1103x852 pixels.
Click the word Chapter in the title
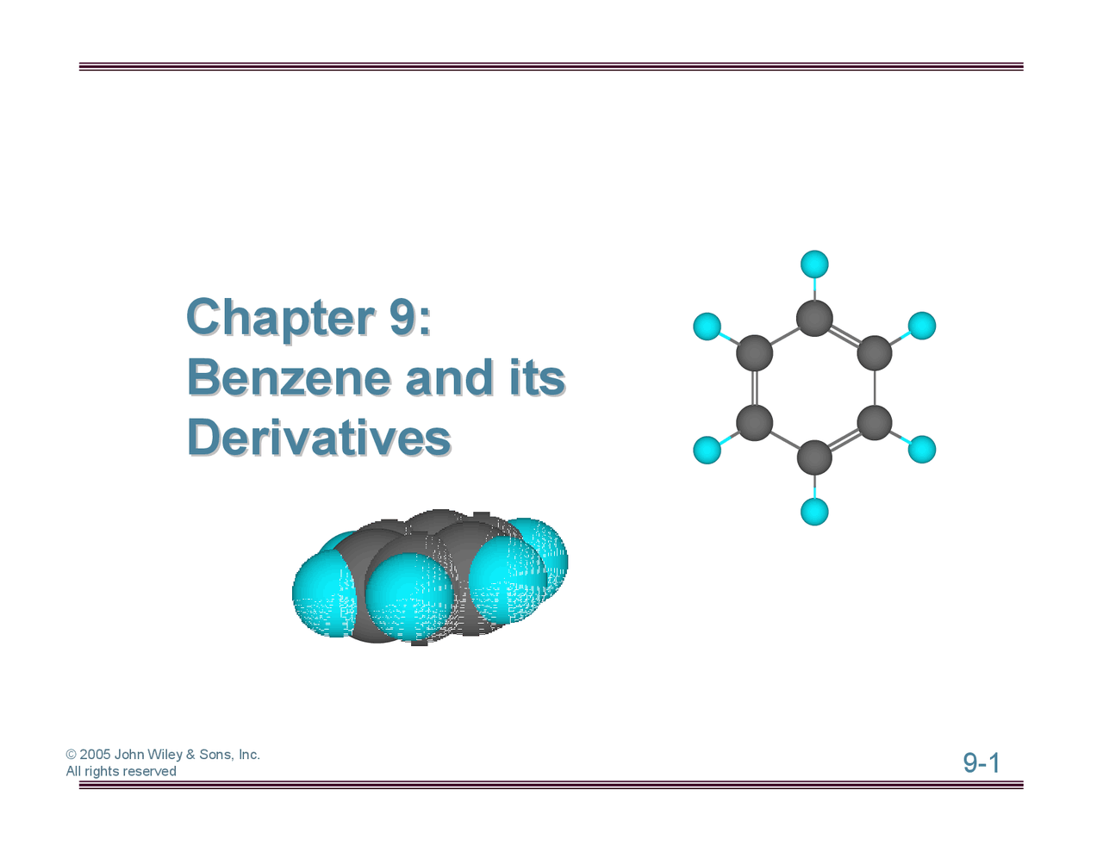[279, 318]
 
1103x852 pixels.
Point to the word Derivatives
[318, 438]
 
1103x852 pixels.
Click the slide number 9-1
[981, 763]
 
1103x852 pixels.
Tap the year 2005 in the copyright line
[95, 755]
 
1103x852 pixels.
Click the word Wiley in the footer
[165, 755]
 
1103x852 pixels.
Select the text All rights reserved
[121, 772]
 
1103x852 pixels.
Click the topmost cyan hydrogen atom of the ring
[814, 264]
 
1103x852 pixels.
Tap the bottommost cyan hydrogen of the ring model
[814, 512]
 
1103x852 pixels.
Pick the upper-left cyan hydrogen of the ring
[707, 326]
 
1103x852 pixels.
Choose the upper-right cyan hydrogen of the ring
[922, 326]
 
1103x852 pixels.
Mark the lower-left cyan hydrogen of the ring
[707, 450]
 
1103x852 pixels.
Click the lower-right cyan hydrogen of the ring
[922, 450]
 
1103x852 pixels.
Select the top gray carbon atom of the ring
[814, 318]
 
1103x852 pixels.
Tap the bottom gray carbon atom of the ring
[814, 457]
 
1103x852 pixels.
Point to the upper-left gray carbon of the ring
[754, 353]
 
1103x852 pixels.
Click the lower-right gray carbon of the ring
[875, 423]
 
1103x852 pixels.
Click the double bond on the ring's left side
[754, 388]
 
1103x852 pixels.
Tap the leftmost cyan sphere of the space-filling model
[322, 594]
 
